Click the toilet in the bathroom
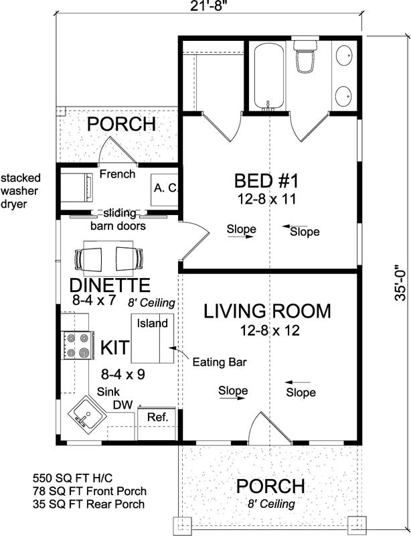click(x=306, y=57)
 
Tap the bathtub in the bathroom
click(x=268, y=76)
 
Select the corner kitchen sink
click(x=88, y=413)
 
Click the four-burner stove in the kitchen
click(x=76, y=345)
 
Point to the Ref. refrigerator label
click(x=158, y=417)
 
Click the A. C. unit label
click(x=166, y=188)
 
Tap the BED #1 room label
click(x=266, y=181)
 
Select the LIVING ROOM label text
click(x=267, y=311)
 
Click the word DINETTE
click(x=110, y=285)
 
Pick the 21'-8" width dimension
click(x=209, y=6)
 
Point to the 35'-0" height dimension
click(x=400, y=283)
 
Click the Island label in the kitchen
click(x=153, y=323)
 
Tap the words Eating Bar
click(x=220, y=362)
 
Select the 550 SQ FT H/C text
click(x=72, y=477)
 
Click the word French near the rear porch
click(x=117, y=174)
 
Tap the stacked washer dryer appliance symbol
click(x=76, y=187)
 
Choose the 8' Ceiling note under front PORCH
click(x=271, y=504)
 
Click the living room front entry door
click(x=270, y=427)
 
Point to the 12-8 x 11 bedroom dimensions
click(x=266, y=199)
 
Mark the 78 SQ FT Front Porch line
click(x=90, y=491)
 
